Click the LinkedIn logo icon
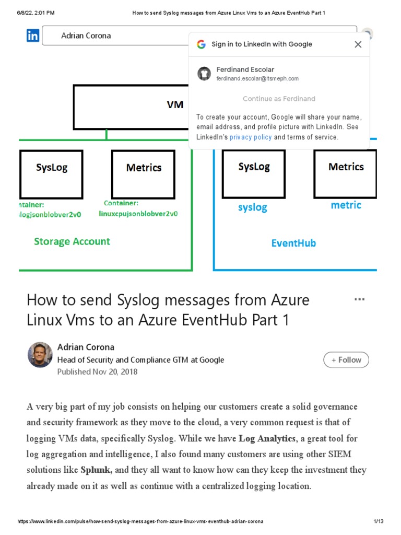click(x=33, y=36)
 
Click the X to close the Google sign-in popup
click(x=358, y=44)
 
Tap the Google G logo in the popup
click(x=201, y=44)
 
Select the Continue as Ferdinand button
click(x=279, y=99)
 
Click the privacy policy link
click(x=251, y=137)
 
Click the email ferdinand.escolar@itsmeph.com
click(x=257, y=78)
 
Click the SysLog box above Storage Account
click(x=51, y=174)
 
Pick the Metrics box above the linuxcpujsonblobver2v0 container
click(x=144, y=174)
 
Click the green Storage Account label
click(x=72, y=241)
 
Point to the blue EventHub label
click(x=293, y=243)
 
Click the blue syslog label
click(x=253, y=207)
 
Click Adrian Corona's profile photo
click(x=40, y=355)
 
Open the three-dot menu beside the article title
click(x=359, y=299)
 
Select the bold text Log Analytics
click(x=267, y=438)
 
